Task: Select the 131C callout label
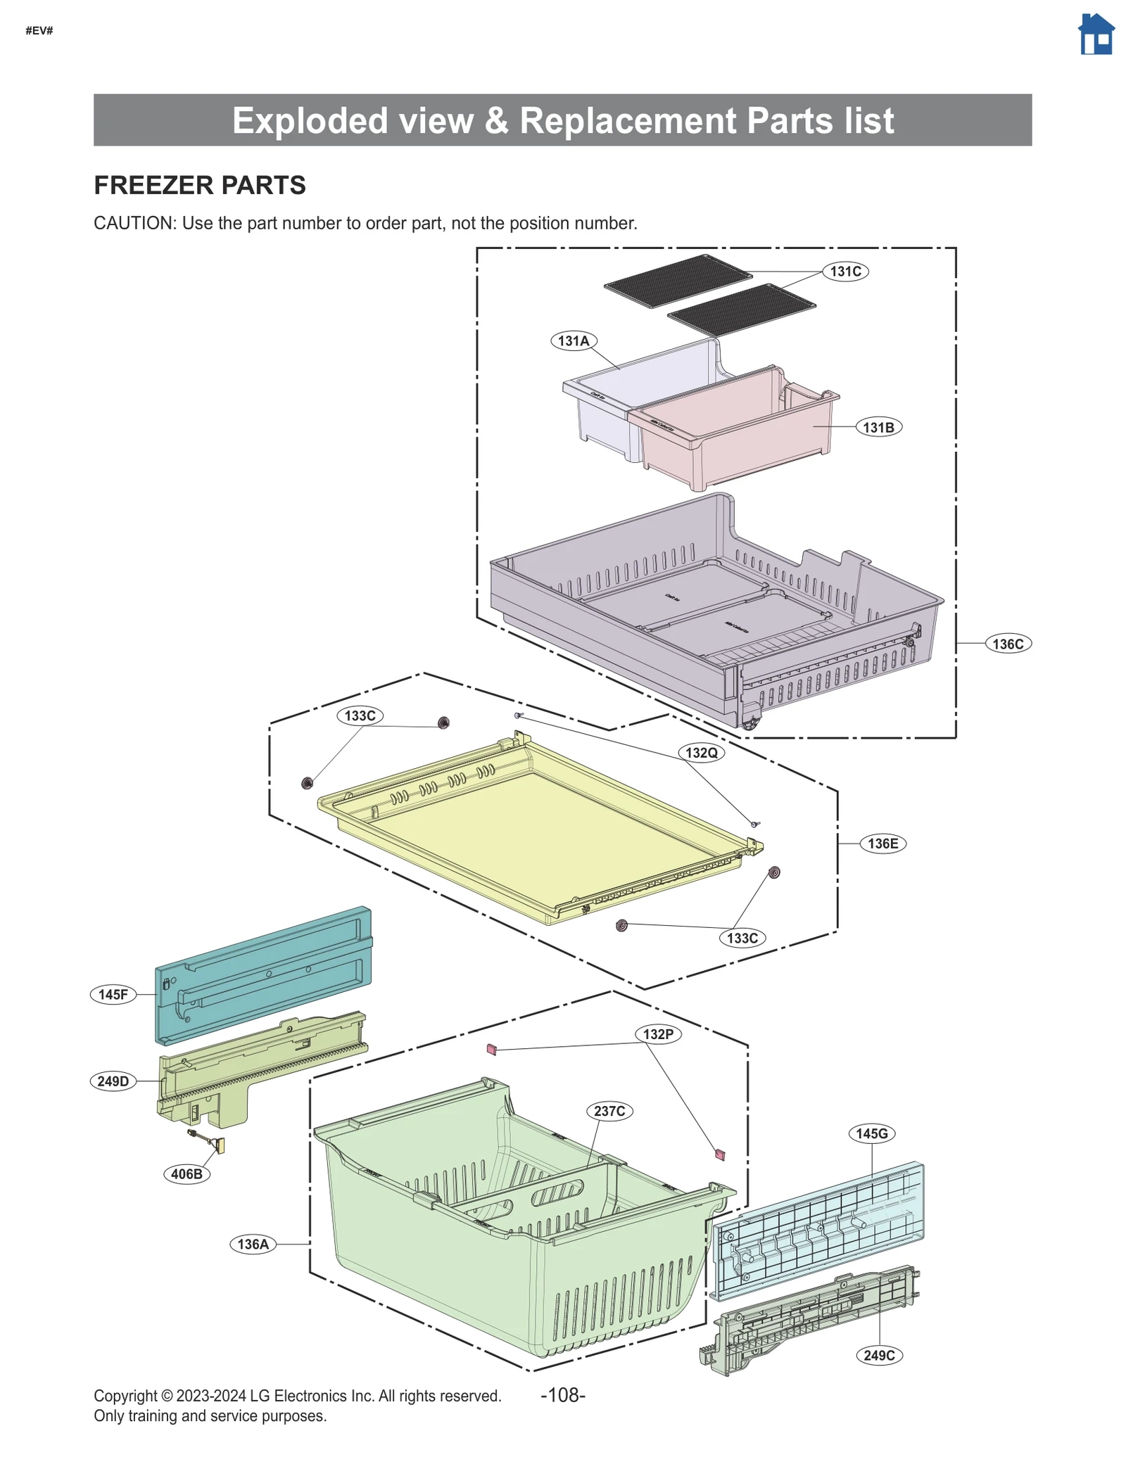tap(844, 272)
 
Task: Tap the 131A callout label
tap(573, 341)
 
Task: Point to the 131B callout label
tap(878, 427)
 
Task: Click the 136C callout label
tap(1007, 644)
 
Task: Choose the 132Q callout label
tap(701, 753)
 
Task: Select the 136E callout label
tap(883, 844)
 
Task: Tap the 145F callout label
tap(113, 995)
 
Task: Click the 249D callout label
tap(113, 1081)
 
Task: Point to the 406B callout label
tap(186, 1174)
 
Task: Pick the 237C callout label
tap(609, 1112)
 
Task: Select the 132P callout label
tap(658, 1034)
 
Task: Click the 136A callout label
tap(253, 1245)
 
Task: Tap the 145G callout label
tap(871, 1134)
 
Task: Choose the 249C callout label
tap(878, 1356)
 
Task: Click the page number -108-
tap(562, 1395)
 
